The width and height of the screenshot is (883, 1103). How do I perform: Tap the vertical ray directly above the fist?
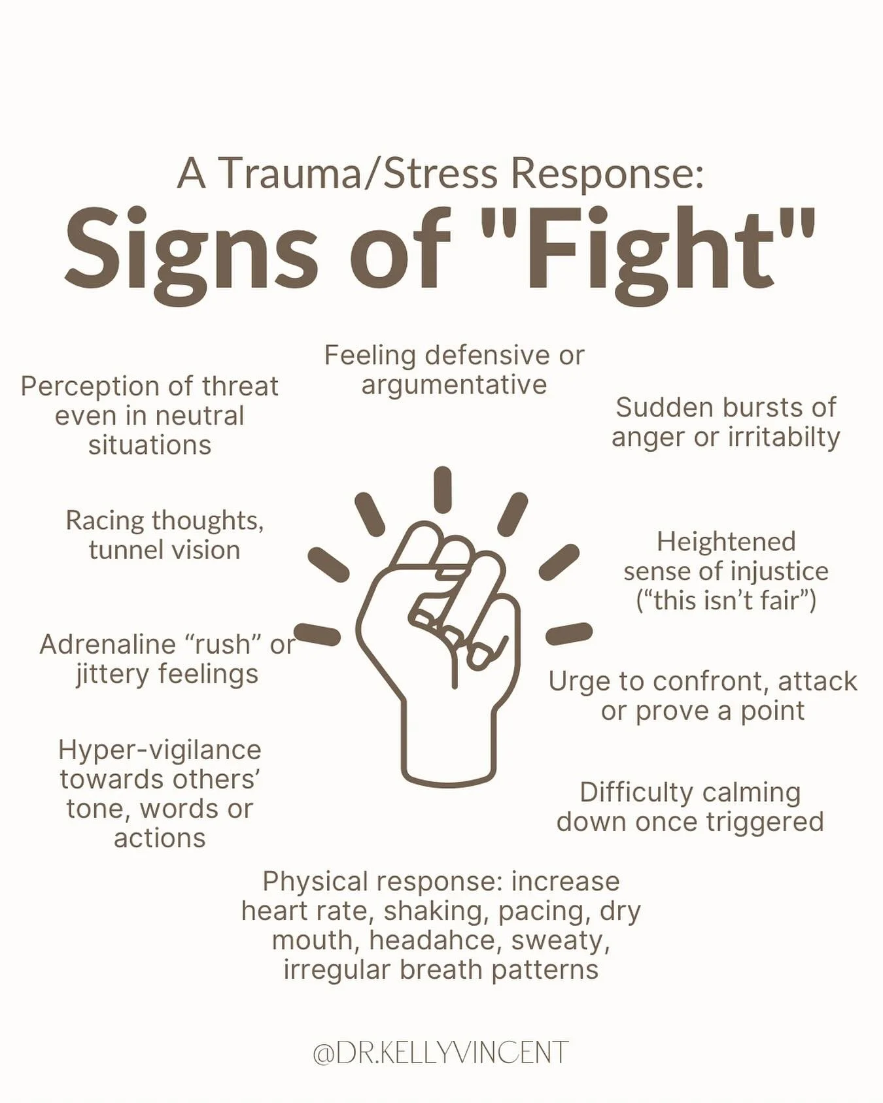[x=443, y=489]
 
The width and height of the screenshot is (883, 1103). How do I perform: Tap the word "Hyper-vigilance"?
[x=160, y=749]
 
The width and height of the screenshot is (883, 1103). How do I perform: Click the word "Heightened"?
[x=726, y=541]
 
